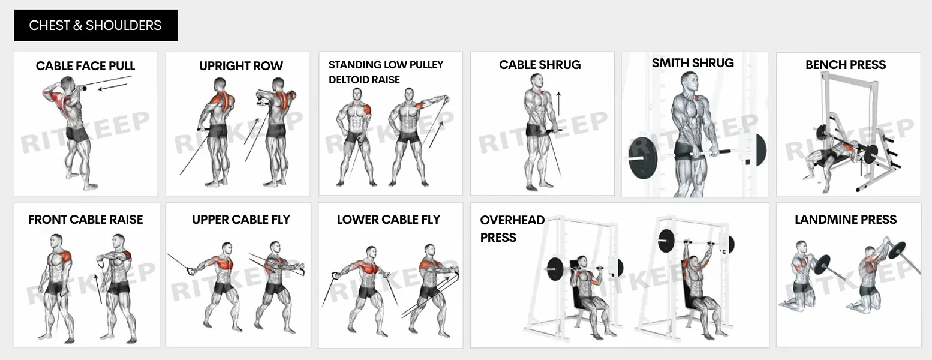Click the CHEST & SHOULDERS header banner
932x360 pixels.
(x=95, y=25)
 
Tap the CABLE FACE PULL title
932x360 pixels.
(x=85, y=66)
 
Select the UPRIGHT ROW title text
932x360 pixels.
(x=240, y=66)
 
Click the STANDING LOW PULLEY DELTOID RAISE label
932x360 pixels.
(x=385, y=72)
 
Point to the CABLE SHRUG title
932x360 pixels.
(x=540, y=65)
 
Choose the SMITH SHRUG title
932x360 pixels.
(x=693, y=63)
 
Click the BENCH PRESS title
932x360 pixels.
(x=846, y=65)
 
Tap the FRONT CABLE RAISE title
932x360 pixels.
(x=85, y=220)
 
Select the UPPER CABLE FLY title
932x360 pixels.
(x=240, y=220)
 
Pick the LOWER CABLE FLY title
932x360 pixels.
(x=388, y=220)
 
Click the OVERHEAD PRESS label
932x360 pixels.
(x=512, y=229)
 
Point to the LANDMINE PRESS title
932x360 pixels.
(x=846, y=220)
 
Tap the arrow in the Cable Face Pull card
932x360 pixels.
(x=113, y=88)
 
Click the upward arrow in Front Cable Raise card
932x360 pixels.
(x=98, y=288)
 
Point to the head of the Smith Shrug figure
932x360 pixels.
(x=689, y=81)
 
